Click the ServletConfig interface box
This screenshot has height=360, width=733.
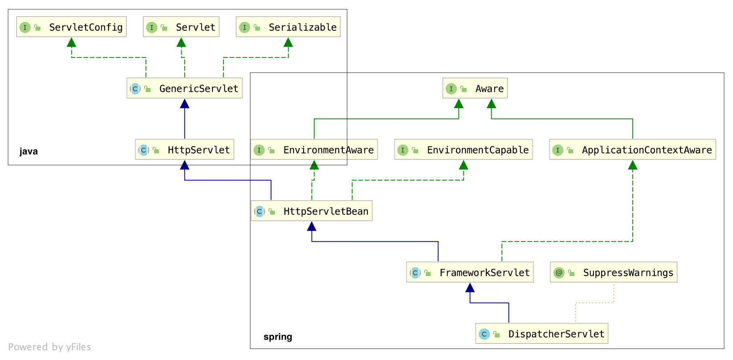[x=71, y=27]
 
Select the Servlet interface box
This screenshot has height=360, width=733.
[x=181, y=27]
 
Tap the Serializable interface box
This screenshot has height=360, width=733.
[x=288, y=27]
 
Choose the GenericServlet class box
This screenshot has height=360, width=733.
[x=184, y=88]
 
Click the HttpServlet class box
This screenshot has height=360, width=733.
[x=184, y=149]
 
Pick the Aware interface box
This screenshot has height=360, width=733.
[x=475, y=88]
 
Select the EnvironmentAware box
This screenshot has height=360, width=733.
[x=314, y=149]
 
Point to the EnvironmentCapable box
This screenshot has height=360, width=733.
[x=463, y=149]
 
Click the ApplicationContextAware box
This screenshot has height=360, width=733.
[x=632, y=149]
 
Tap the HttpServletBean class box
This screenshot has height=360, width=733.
[x=312, y=211]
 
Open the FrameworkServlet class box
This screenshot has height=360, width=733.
[x=470, y=272]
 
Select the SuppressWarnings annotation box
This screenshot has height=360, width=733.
[x=614, y=272]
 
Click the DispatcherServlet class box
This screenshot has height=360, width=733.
[x=542, y=333]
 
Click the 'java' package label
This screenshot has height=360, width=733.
[x=29, y=151]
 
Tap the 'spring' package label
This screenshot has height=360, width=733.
[x=278, y=337]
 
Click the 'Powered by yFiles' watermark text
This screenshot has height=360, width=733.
[x=49, y=347]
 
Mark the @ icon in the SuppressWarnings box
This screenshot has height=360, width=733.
[x=559, y=273]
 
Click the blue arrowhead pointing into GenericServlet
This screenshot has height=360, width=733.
[x=184, y=104]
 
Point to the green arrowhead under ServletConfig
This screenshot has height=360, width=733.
[x=71, y=42]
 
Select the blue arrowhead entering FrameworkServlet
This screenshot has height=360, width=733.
[x=470, y=287]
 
